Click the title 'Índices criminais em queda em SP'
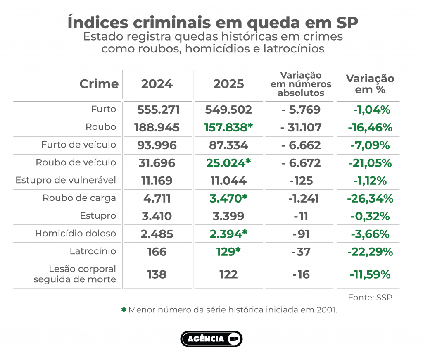point(212,22)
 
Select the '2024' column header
point(157,84)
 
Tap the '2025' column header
point(228,84)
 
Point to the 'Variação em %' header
point(370,84)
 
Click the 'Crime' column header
point(99,84)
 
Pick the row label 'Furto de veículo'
point(78,145)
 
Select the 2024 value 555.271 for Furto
point(158,110)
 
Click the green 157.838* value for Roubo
point(228,128)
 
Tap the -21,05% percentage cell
point(370,163)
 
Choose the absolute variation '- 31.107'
point(301,128)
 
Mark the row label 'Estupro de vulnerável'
point(66,180)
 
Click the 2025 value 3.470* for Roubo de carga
point(228,198)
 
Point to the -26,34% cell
point(370,198)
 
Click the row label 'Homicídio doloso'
point(76,234)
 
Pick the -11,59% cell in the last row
point(370,274)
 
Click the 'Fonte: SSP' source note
point(370,298)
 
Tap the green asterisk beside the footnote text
point(123,310)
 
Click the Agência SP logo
point(211,339)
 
